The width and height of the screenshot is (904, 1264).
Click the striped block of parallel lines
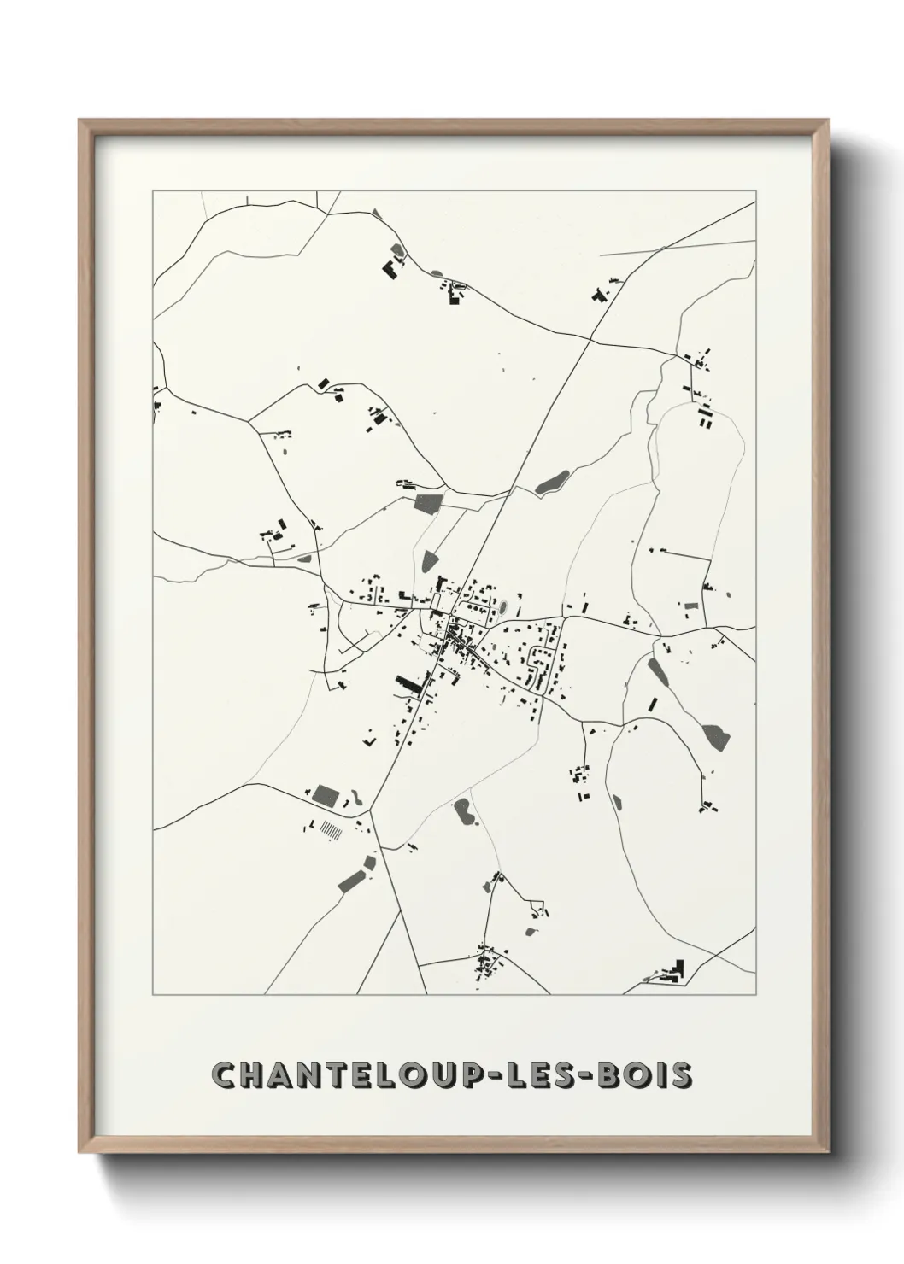330,828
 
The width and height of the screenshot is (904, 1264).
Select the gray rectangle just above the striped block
325,796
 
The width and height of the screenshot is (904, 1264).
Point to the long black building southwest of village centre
412,685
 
